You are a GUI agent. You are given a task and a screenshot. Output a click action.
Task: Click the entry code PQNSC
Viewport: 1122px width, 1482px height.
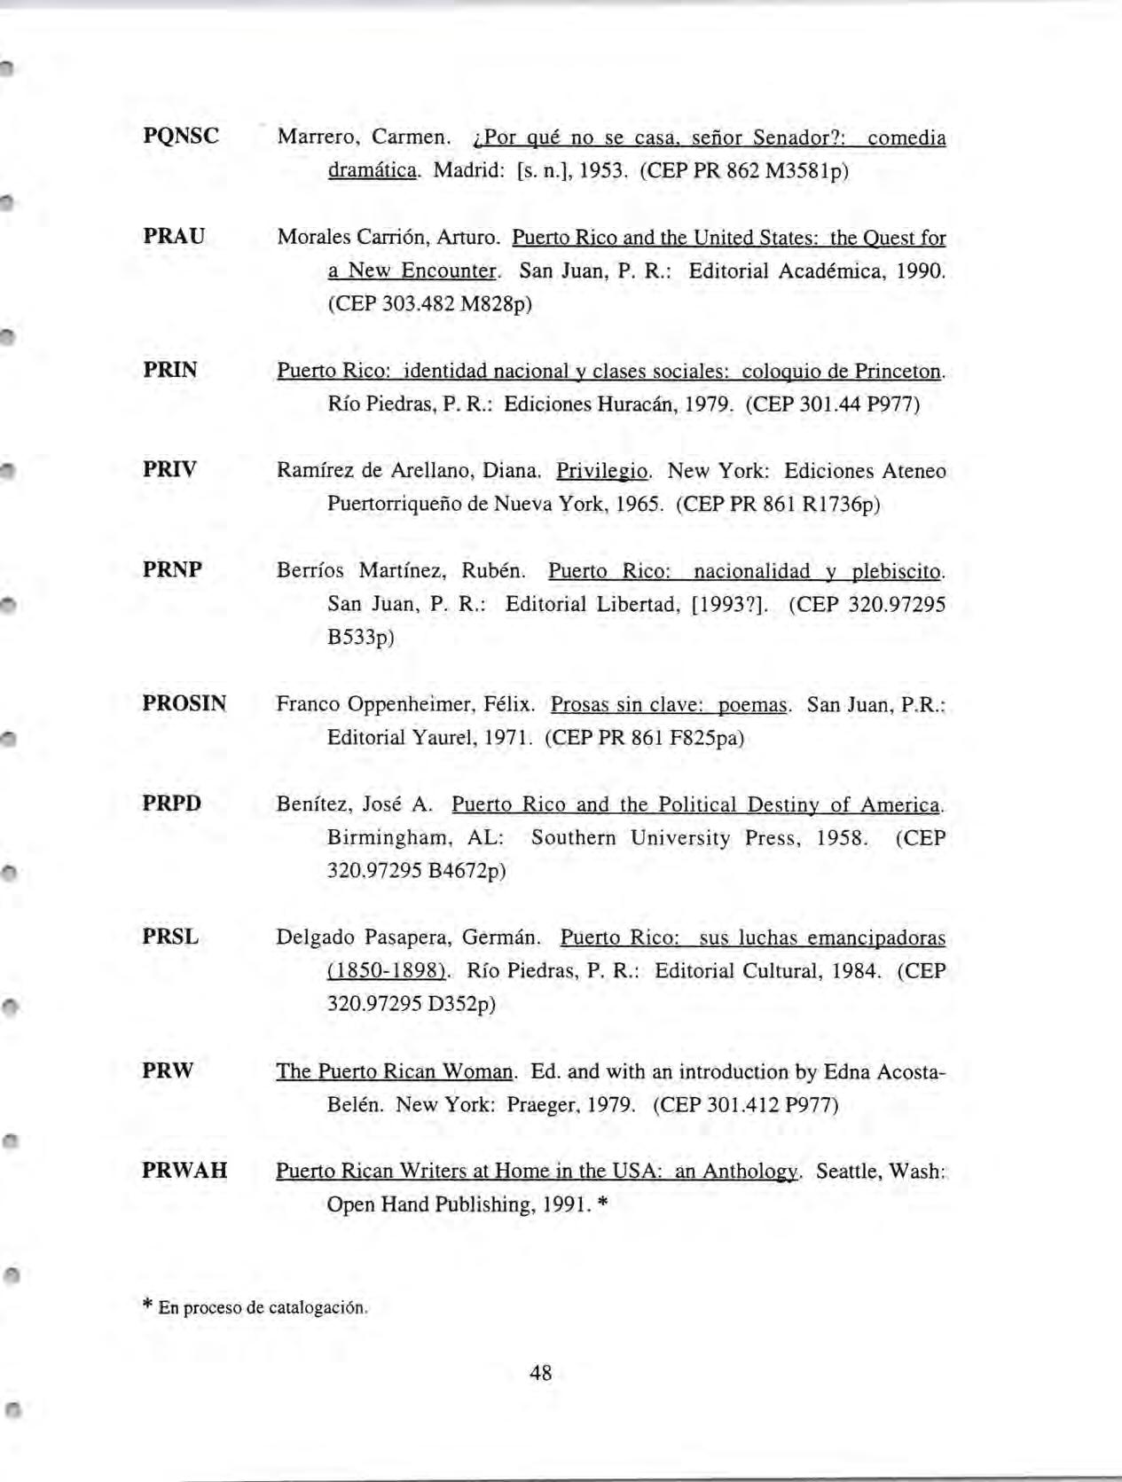point(181,137)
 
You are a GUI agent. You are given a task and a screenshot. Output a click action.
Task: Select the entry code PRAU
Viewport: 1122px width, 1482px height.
point(174,237)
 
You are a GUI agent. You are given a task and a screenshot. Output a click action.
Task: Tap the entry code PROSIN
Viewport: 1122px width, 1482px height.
point(184,704)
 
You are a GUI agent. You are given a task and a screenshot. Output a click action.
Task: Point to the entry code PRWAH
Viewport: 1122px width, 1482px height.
point(184,1171)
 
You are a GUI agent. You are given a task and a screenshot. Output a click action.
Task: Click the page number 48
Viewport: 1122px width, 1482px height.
point(540,1373)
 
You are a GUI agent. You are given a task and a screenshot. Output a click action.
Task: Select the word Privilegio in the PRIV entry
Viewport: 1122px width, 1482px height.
point(603,471)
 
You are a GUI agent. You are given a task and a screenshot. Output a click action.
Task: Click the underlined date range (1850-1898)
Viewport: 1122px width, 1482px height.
point(387,971)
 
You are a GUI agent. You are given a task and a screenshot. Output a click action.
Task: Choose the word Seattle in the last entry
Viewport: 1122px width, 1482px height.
point(848,1172)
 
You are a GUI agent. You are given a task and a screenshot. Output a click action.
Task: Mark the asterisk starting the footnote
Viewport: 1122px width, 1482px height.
point(147,1306)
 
